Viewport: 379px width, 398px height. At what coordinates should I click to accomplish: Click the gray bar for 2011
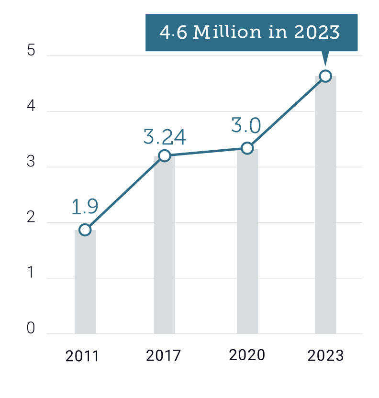point(85,282)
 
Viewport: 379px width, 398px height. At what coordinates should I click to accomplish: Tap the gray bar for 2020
point(247,242)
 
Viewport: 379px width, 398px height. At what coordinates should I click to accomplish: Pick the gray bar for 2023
point(325,206)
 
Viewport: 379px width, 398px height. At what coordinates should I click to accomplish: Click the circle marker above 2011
point(85,230)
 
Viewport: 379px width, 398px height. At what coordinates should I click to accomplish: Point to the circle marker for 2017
point(165,155)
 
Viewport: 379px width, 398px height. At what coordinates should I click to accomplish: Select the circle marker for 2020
point(247,148)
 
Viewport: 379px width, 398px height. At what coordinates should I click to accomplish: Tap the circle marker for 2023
point(325,76)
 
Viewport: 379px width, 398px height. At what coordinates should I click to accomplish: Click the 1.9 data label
point(85,207)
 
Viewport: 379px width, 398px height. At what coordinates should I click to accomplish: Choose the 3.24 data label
point(165,137)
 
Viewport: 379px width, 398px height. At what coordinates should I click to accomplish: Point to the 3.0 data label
point(246,126)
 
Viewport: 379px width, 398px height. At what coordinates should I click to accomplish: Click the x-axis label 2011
point(82,356)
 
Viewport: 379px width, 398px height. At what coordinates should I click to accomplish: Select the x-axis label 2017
point(164,356)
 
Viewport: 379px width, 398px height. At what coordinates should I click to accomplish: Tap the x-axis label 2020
point(247,355)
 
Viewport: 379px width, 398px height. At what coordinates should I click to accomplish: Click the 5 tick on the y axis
point(32,51)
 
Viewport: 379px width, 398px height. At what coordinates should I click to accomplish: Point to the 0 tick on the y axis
point(32,329)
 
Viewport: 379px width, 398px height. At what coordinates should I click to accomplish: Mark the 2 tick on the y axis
point(32,218)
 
